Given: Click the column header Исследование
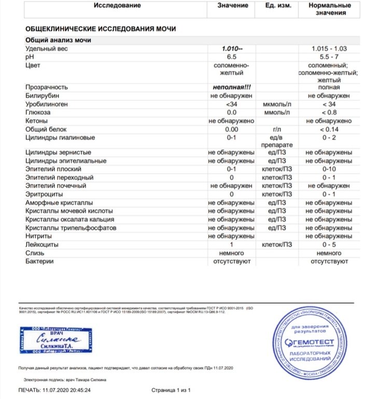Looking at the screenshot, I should click(117, 6).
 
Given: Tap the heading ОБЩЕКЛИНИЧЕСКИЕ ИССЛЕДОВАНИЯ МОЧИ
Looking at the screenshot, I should click(100, 29).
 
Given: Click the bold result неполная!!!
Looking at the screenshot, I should click(231, 88).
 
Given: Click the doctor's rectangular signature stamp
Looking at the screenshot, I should click(57, 339).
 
